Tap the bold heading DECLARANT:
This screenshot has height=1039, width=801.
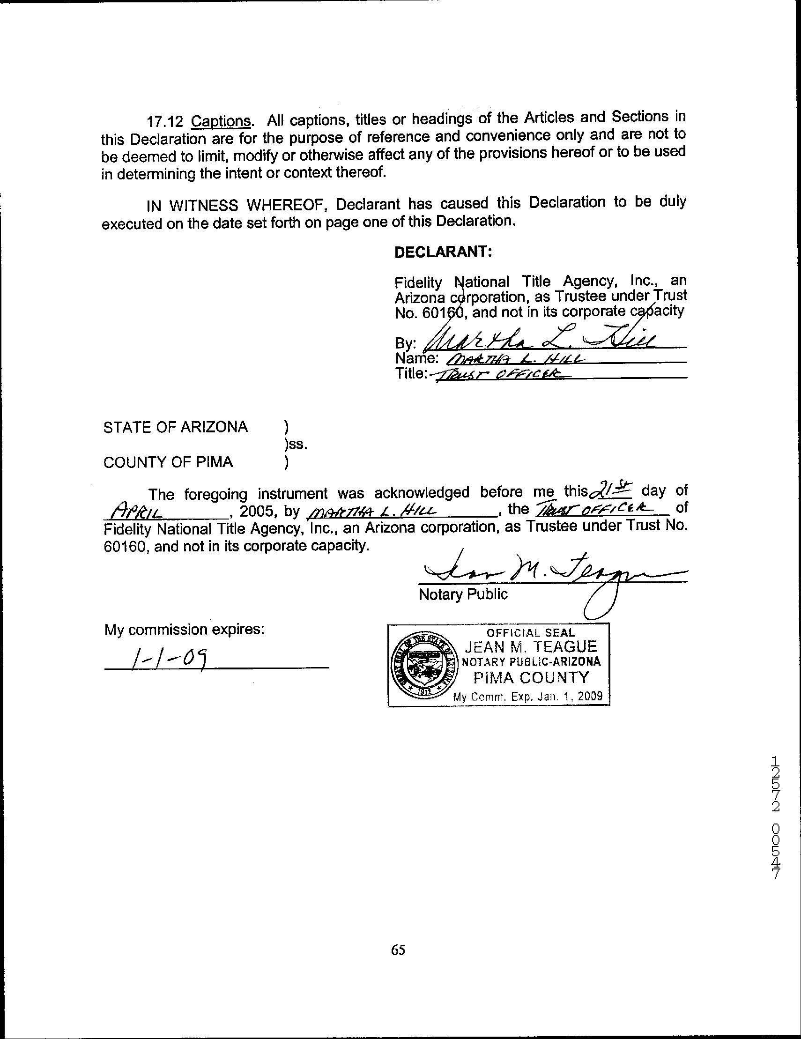pyautogui.click(x=443, y=252)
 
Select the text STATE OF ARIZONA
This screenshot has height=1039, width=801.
pyautogui.click(x=176, y=427)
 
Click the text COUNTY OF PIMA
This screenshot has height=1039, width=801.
pyautogui.click(x=168, y=462)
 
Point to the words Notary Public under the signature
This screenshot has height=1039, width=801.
pyautogui.click(x=463, y=594)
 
